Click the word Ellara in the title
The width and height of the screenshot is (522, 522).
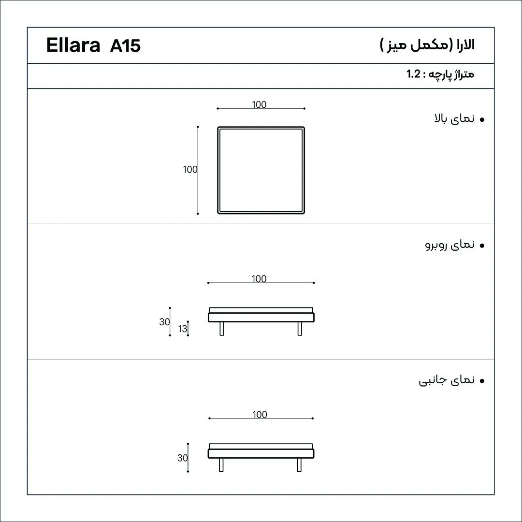(73, 45)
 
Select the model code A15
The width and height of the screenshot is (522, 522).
(125, 45)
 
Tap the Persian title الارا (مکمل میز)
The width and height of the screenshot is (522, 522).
(427, 44)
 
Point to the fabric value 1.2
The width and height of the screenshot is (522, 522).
(413, 73)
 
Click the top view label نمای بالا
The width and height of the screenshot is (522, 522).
(454, 118)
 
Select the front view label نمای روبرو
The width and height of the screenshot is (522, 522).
(450, 245)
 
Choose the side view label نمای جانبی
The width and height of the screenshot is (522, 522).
(447, 380)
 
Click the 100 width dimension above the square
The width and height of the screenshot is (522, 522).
(259, 104)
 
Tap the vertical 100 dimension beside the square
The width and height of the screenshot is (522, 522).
(190, 170)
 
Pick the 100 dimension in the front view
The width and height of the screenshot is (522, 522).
(259, 279)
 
